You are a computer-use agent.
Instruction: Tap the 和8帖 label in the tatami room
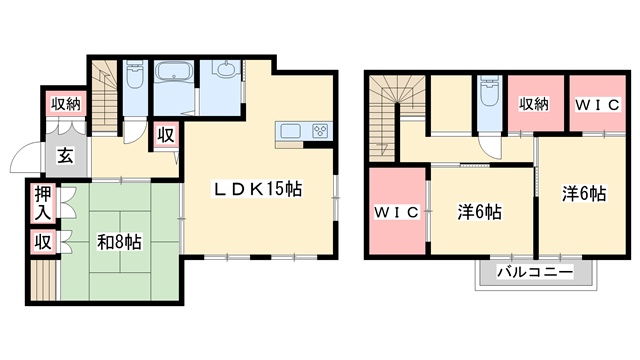pos(119,242)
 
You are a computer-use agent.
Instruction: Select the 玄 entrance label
pos(65,156)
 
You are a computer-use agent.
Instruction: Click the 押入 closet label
pos(43,203)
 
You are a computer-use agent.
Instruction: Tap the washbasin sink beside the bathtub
pos(226,69)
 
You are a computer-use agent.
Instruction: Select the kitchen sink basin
pos(290,131)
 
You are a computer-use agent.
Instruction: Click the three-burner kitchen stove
pos(321,131)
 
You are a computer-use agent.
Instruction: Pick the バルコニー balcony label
pos(535,272)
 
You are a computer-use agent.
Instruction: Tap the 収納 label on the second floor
pos(534,104)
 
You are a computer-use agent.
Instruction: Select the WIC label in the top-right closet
pos(598,105)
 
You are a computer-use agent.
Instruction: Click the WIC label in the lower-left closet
pos(397,212)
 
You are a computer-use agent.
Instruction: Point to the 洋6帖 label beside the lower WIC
pos(480,212)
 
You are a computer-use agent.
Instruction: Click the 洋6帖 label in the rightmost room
pos(584,194)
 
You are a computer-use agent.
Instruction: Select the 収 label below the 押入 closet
pos(43,242)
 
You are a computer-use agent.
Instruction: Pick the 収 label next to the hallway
pos(166,136)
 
